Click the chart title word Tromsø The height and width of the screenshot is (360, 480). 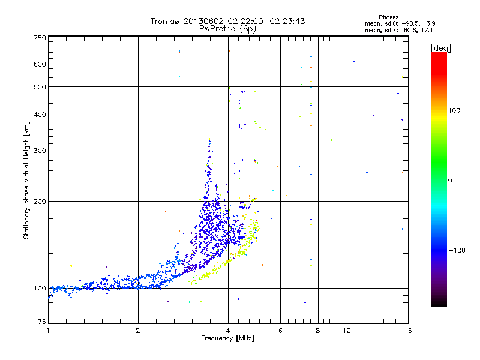pos(165,21)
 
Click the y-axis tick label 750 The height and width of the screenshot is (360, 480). pos(40,38)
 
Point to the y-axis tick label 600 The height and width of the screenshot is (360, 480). pos(40,64)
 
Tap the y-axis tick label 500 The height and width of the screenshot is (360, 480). pos(40,87)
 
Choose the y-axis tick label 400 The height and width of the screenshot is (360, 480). pos(40,115)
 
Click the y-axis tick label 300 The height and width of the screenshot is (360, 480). pos(40,151)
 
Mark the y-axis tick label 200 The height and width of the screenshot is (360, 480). pos(40,201)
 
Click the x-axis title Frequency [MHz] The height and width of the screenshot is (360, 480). pos(227,338)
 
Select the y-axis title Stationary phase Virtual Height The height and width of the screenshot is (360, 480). pos(26,180)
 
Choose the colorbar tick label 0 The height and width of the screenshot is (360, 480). pos(451,180)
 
